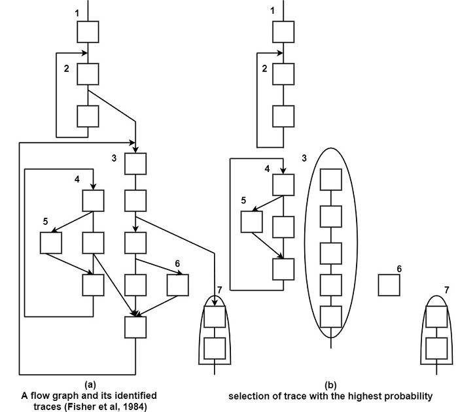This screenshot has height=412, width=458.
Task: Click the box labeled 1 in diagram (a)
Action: [88, 31]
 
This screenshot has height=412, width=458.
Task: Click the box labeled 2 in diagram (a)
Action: [88, 74]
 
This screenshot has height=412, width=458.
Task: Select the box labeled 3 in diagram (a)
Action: [135, 162]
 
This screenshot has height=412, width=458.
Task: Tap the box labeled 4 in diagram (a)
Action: [94, 201]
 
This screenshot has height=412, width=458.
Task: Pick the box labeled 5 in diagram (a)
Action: [50, 243]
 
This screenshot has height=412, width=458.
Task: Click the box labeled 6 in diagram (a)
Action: [177, 284]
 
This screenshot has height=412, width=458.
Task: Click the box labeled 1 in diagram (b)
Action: [283, 31]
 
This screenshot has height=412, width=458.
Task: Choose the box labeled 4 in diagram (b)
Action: [283, 184]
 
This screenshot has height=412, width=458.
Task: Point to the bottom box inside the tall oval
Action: [331, 317]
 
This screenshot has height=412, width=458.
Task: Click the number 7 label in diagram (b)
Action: [446, 289]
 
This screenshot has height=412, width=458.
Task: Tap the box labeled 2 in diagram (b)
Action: [283, 74]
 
